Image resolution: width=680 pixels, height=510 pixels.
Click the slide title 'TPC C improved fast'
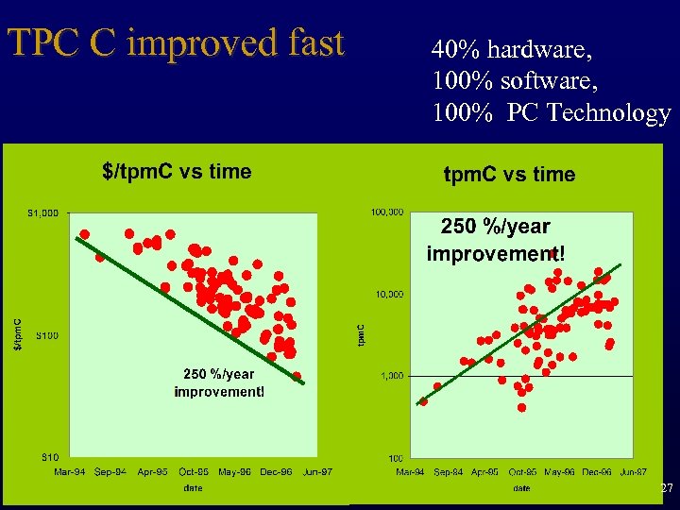tap(176, 43)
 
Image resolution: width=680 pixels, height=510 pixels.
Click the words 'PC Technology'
tap(588, 113)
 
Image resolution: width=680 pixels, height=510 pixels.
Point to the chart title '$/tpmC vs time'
tap(177, 171)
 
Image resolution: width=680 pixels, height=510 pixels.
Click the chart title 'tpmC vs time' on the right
tap(509, 175)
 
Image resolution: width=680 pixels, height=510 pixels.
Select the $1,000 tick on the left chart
tap(42, 213)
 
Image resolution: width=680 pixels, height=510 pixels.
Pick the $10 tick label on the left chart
tap(46, 457)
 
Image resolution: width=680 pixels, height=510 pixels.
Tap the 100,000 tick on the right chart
tap(387, 212)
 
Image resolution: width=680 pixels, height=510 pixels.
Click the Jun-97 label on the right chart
tap(628, 471)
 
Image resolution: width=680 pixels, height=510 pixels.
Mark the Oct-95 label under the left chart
tap(193, 471)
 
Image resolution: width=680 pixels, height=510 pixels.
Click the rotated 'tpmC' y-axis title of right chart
tap(362, 334)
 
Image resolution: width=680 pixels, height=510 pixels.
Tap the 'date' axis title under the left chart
tap(193, 488)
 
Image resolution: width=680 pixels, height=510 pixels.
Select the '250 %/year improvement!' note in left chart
tap(219, 382)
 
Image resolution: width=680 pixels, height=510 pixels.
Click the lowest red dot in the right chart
tap(521, 408)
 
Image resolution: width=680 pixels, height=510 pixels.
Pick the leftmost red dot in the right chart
tap(423, 401)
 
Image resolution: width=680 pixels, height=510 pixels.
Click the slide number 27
tap(667, 488)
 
